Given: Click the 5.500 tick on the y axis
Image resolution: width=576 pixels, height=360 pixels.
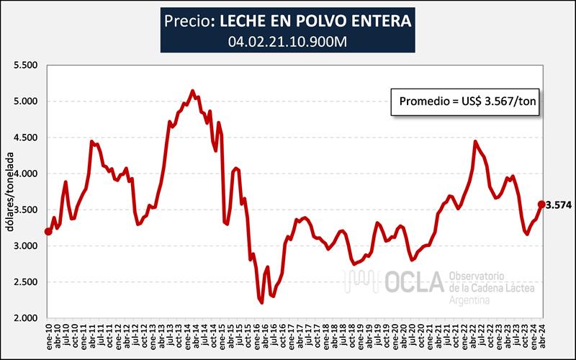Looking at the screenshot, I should (x=24, y=65).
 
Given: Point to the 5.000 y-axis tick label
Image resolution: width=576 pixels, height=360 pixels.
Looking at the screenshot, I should (x=24, y=101).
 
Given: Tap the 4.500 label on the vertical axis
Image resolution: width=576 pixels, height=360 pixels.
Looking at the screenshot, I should (x=24, y=138).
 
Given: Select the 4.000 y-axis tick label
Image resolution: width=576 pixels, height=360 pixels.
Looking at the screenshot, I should (x=24, y=174).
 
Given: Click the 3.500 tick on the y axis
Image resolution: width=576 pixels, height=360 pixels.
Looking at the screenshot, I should (x=24, y=210).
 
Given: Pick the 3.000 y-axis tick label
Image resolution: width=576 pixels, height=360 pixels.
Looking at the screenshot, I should (x=24, y=246).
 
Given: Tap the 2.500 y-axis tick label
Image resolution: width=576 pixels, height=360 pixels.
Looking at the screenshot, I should (x=24, y=282).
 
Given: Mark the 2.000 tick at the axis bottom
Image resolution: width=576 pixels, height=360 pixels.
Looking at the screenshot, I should (x=24, y=318).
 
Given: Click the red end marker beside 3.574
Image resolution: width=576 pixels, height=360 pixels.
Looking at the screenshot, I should (x=541, y=204).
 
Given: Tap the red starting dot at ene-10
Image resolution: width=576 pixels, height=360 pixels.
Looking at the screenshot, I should (x=48, y=232).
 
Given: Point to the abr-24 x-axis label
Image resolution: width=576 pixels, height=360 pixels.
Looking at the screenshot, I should (x=541, y=336).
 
